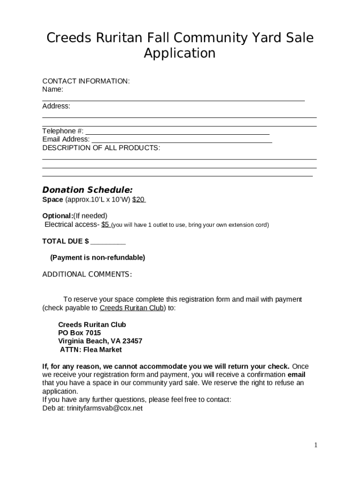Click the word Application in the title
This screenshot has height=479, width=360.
(180, 53)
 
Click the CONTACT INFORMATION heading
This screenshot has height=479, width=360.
(86, 81)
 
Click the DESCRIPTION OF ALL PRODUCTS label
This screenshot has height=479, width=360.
(101, 148)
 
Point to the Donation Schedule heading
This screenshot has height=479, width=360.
(87, 190)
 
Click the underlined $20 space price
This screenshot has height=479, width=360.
(138, 200)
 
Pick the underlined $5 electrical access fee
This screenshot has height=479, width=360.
(105, 225)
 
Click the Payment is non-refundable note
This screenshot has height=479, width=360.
(97, 258)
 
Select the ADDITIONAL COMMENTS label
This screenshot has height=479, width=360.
(87, 274)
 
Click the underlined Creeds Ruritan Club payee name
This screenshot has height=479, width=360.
(132, 308)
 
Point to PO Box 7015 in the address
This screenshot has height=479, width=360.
(79, 333)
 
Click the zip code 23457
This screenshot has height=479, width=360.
(131, 341)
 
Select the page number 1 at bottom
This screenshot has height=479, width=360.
(316, 445)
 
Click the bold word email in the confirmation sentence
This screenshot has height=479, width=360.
(296, 375)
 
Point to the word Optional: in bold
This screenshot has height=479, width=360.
(58, 216)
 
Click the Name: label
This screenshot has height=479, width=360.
(52, 89)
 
